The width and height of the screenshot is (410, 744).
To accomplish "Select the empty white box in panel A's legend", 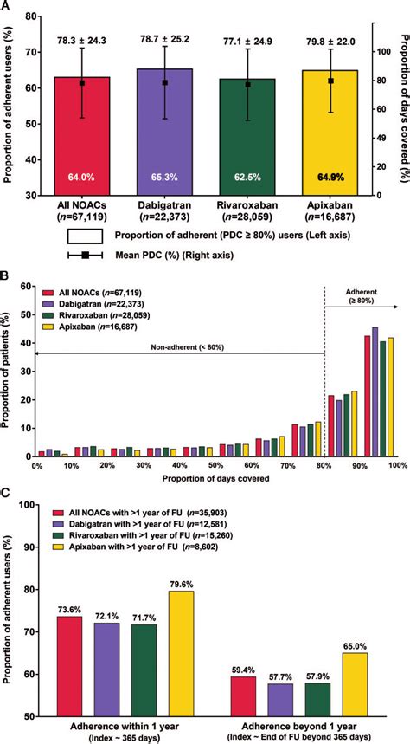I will pyautogui.click(x=84, y=234).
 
